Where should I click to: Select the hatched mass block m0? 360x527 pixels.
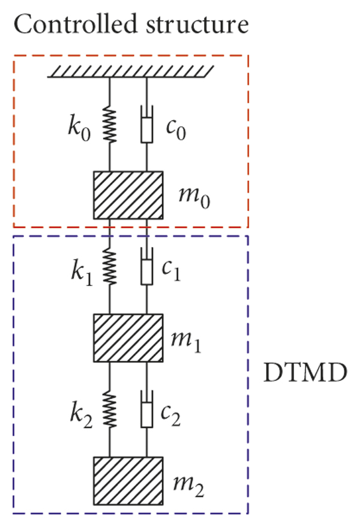click(127, 195)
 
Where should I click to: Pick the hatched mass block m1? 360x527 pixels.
click(127, 338)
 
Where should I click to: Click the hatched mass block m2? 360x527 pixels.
click(127, 480)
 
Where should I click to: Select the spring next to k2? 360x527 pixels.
click(109, 409)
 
